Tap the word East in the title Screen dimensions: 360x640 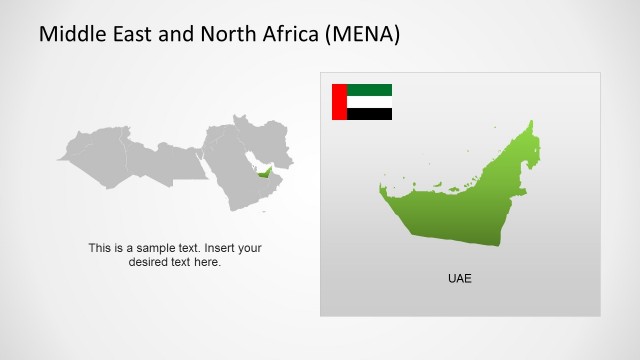(x=136, y=35)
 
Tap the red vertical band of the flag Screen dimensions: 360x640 (x=338, y=102)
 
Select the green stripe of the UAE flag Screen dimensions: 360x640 (x=369, y=90)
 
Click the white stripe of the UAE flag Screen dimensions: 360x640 (x=369, y=102)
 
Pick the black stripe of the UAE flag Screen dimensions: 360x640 (x=369, y=114)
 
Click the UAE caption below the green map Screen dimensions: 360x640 (x=459, y=278)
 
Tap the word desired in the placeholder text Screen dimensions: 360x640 (x=150, y=262)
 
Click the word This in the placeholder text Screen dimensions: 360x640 (x=99, y=248)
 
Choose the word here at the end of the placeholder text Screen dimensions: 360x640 (x=209, y=262)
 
